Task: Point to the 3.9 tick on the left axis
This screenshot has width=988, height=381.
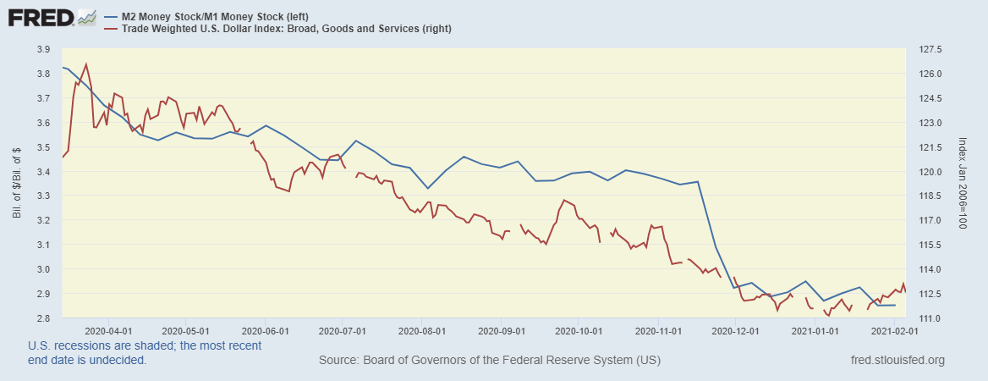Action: coord(42,50)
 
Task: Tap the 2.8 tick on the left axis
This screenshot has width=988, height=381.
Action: coord(42,318)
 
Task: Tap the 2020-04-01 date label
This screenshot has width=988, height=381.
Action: coord(108,331)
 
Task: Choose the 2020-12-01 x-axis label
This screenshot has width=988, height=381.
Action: coord(736,331)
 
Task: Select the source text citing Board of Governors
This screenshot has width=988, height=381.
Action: coord(490,361)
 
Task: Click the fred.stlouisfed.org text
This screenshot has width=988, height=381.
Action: coord(897,361)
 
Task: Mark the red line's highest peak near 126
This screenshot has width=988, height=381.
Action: coord(86,63)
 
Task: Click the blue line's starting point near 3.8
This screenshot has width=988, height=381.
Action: coord(63,67)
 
